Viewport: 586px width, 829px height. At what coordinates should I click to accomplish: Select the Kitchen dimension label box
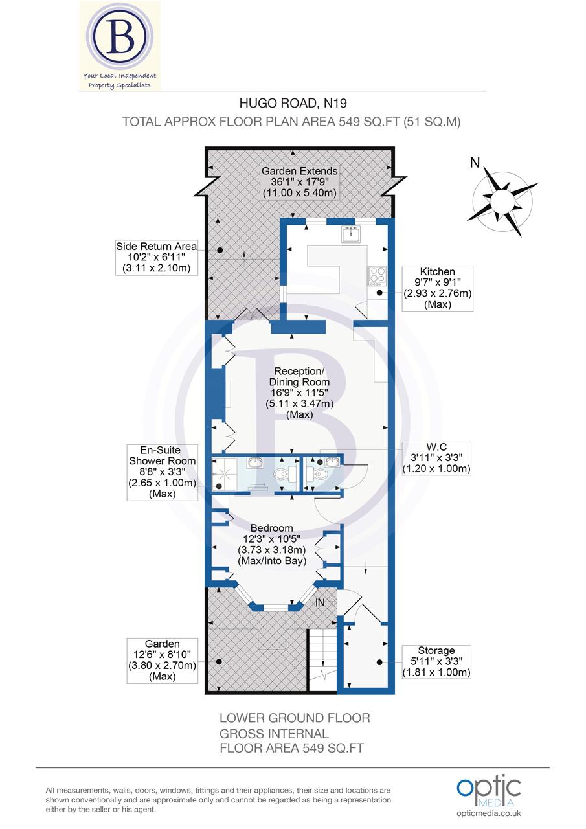click(x=437, y=288)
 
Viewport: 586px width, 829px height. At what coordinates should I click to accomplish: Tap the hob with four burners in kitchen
click(x=377, y=275)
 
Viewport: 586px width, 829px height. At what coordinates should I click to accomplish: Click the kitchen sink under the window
click(x=350, y=234)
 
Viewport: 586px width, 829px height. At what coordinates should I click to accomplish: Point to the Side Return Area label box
click(x=155, y=257)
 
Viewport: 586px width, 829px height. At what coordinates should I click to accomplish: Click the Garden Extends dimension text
click(x=299, y=182)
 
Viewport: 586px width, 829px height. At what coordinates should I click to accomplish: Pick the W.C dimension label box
click(x=436, y=458)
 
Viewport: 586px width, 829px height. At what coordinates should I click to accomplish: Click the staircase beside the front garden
click(x=321, y=661)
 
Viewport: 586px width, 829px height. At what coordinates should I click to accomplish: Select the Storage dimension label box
click(x=436, y=661)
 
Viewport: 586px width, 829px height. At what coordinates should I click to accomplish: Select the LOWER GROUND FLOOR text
click(x=295, y=718)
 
